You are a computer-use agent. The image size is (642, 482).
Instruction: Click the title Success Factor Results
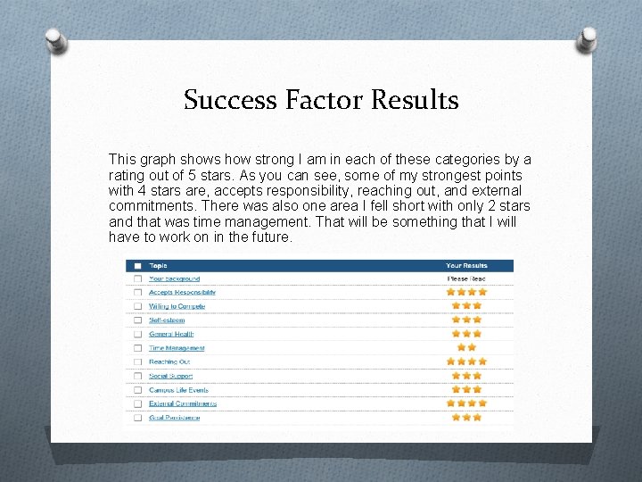click(321, 99)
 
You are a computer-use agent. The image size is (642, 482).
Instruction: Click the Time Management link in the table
click(177, 348)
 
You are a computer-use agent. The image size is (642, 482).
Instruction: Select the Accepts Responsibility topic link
click(182, 293)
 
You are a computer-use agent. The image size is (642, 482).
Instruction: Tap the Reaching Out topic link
click(169, 361)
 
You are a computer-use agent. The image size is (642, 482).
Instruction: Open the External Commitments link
click(183, 403)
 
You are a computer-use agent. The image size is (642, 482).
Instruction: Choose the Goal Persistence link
click(175, 417)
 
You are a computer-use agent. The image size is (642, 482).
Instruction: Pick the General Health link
click(171, 334)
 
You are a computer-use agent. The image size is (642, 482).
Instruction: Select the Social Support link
click(170, 376)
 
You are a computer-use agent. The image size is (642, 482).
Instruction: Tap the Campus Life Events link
click(178, 389)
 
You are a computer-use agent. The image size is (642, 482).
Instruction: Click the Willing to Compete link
click(177, 306)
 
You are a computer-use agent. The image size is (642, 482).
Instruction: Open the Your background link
click(174, 278)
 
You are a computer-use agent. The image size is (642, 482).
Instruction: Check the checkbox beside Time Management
click(137, 348)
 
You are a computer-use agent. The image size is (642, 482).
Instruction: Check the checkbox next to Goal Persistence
click(137, 417)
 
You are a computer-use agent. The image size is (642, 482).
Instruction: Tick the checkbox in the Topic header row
click(137, 265)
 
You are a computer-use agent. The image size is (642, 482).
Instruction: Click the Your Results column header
click(466, 265)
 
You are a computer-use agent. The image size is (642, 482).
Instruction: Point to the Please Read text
click(466, 278)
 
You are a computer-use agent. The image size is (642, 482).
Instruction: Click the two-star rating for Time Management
click(466, 348)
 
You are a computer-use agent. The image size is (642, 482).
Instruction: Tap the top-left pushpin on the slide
click(55, 39)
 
